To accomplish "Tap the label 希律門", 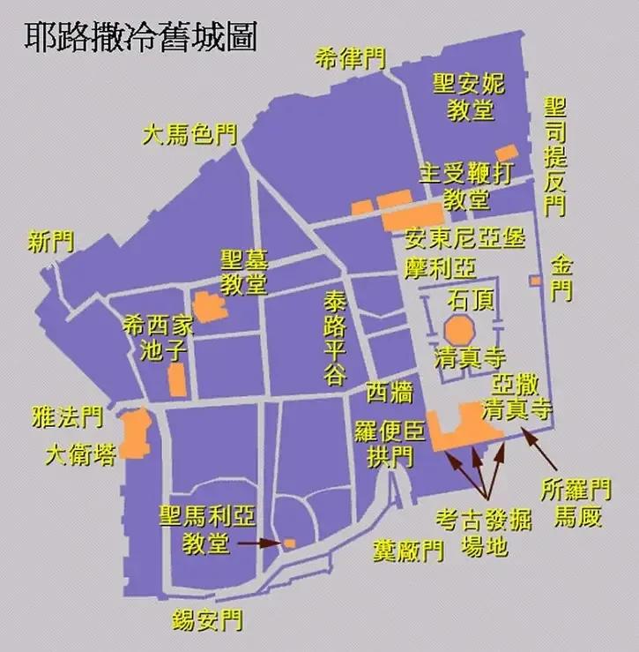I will [350, 59].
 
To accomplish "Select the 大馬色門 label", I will [189, 135].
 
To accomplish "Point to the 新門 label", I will [51, 242].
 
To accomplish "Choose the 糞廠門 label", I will [406, 551].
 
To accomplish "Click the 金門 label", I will [561, 277].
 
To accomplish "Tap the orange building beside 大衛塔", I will [134, 434].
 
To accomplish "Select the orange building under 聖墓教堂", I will [210, 305].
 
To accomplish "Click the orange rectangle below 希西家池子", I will [176, 380].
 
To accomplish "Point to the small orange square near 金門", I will [535, 281].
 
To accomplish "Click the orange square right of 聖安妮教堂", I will [507, 153].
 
